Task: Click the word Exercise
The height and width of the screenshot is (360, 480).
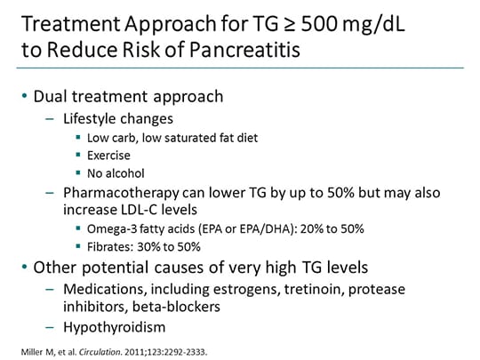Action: (x=109, y=154)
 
